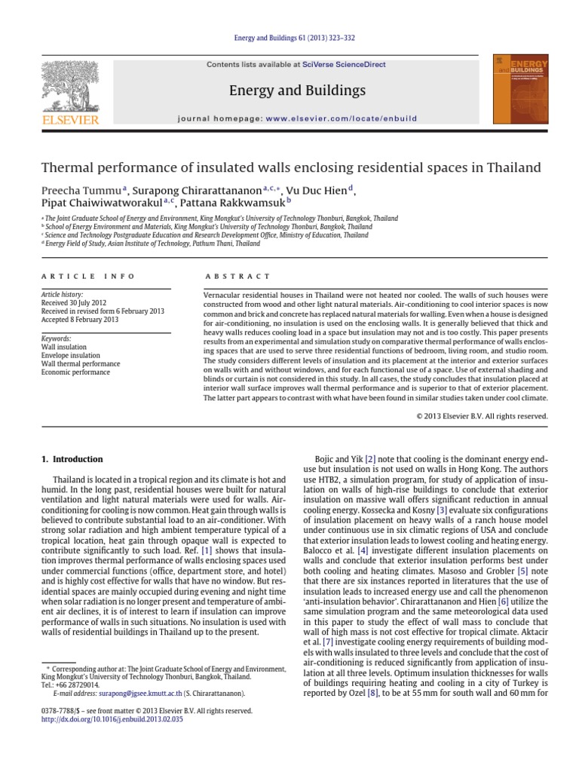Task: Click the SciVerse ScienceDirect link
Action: click(x=339, y=65)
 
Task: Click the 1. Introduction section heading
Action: click(x=72, y=459)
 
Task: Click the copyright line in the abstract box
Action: click(x=482, y=415)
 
